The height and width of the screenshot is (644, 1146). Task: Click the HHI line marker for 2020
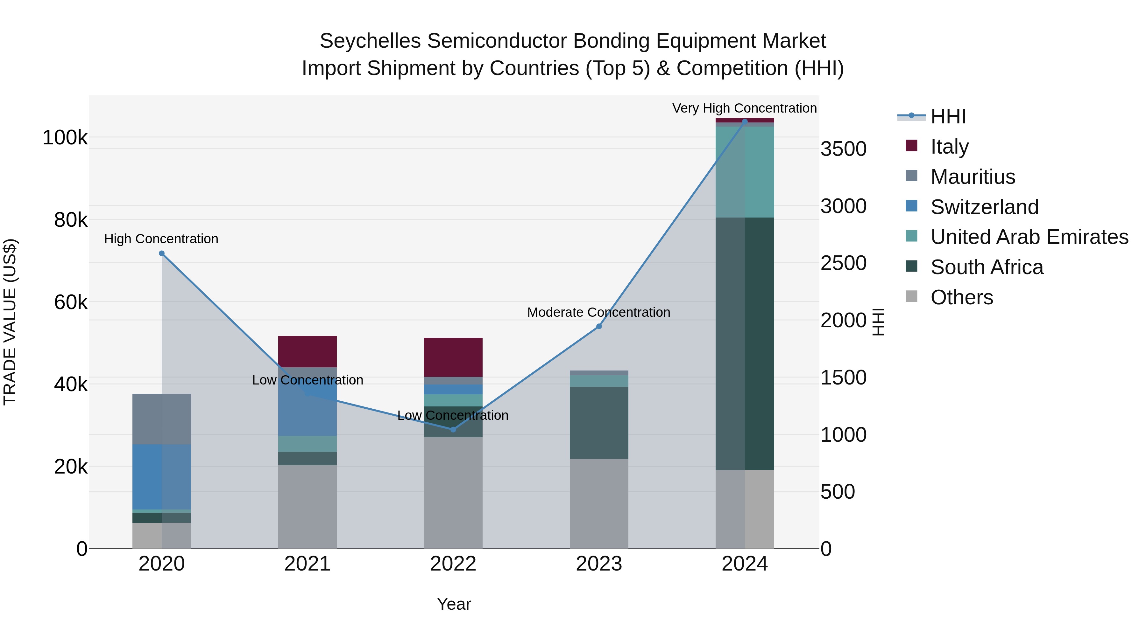(161, 253)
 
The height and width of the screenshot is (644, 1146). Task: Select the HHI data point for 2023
(599, 326)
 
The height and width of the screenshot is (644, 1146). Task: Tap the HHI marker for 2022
(453, 429)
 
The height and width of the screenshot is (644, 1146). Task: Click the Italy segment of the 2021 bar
(308, 351)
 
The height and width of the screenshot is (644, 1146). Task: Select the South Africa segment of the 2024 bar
(745, 343)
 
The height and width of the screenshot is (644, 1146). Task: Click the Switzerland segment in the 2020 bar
(161, 476)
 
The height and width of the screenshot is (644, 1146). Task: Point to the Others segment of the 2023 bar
(599, 503)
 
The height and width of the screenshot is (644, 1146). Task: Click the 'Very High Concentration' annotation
(744, 108)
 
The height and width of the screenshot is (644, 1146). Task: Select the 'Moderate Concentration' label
(598, 312)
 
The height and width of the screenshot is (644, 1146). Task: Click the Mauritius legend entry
(973, 177)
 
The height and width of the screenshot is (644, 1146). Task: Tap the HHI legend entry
(948, 116)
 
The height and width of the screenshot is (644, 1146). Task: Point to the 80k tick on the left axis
(70, 219)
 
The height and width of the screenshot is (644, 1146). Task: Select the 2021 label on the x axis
(308, 564)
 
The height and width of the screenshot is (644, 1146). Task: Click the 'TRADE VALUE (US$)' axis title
(10, 322)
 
